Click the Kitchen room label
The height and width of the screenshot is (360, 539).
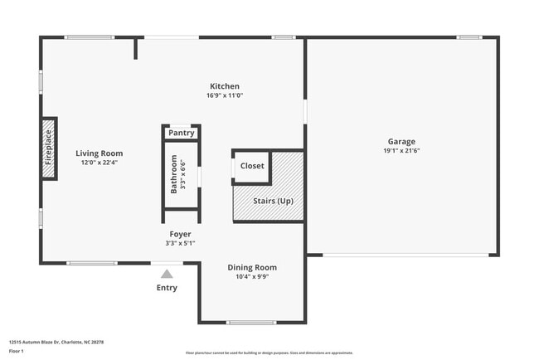224,86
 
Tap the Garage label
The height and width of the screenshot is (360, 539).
402,142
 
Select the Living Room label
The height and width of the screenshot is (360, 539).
100,153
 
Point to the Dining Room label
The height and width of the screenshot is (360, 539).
252,267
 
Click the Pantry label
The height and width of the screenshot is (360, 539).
181,133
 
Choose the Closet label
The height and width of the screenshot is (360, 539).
252,166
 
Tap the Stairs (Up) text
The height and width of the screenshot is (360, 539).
273,202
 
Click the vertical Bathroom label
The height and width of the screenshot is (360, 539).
174,174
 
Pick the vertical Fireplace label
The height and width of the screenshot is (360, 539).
48,148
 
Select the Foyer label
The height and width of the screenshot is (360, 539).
181,234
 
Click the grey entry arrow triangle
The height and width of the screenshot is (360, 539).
167,274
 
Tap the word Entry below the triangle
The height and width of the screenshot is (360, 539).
167,288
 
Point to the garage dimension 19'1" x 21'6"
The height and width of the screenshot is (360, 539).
402,151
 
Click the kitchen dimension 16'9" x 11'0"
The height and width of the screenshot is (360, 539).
224,95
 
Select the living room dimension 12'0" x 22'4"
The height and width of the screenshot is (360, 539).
100,163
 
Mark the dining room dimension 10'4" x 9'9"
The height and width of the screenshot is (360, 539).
252,276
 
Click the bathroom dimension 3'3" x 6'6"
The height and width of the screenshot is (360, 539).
184,174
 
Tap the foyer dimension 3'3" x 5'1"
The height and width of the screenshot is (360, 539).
181,243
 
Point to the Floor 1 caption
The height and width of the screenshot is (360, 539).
17,352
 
